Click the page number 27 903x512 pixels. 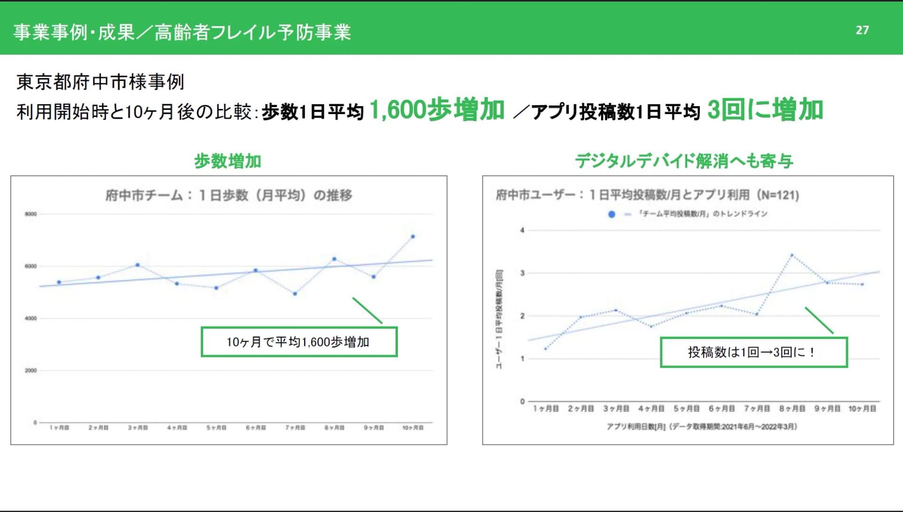[862, 30]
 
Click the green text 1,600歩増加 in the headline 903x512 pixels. [437, 110]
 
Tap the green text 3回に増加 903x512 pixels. [765, 110]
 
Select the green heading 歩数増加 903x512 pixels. [228, 161]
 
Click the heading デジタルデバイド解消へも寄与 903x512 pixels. [684, 161]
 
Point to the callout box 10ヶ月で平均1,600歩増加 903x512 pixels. [299, 342]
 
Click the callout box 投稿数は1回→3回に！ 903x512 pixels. [753, 352]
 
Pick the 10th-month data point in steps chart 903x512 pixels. [413, 236]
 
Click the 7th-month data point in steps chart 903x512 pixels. [295, 294]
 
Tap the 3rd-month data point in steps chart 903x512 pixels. [137, 265]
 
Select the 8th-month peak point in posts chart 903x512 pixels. [792, 255]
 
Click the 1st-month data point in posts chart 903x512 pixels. [546, 349]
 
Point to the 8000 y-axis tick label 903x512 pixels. [31, 214]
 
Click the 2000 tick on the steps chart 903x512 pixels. [31, 371]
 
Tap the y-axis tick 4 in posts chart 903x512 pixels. [522, 230]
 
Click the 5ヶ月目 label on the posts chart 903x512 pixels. [686, 409]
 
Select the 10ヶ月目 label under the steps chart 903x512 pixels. [413, 428]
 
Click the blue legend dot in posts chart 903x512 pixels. [611, 214]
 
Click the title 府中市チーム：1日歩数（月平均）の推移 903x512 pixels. [229, 195]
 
